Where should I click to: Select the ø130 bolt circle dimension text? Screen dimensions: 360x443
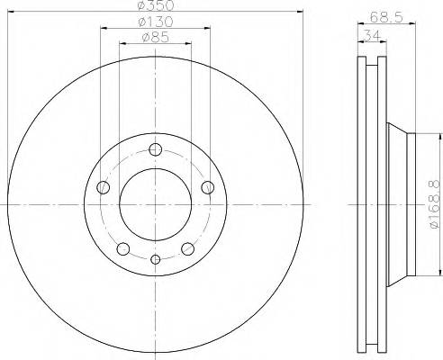click(x=156, y=22)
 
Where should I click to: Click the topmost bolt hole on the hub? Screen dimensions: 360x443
click(x=155, y=150)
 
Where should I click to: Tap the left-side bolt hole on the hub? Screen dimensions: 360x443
click(x=102, y=188)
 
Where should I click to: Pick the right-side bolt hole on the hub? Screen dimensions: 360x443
click(x=208, y=187)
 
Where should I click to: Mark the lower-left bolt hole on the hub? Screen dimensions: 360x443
click(x=123, y=249)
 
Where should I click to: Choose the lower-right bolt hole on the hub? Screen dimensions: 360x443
click(x=187, y=249)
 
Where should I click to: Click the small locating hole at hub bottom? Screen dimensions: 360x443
click(x=155, y=260)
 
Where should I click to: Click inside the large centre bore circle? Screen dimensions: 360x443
click(x=155, y=205)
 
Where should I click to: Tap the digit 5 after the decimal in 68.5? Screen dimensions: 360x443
click(x=397, y=15)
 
